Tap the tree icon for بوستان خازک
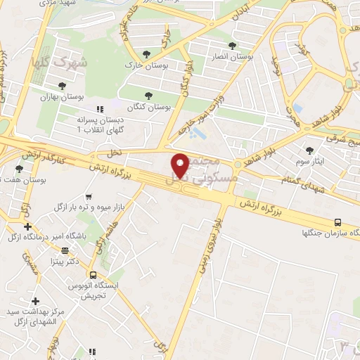click(146, 53)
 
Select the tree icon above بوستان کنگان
click(148, 96)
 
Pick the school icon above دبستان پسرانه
click(99, 109)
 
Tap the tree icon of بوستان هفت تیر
click(19, 169)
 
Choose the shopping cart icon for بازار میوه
click(88, 198)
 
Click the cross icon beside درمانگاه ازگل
click(27, 226)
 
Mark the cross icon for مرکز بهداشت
click(35, 301)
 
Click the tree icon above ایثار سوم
click(310, 150)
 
